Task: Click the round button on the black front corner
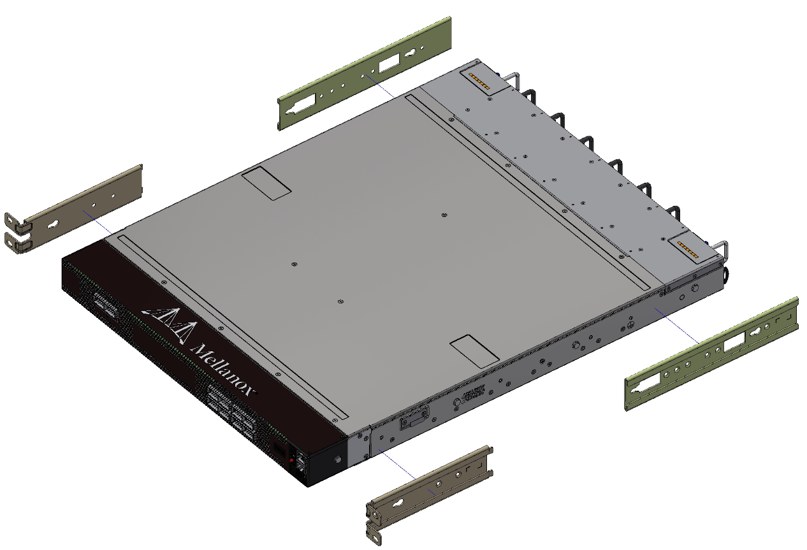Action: (337, 459)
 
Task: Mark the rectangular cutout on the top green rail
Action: (387, 64)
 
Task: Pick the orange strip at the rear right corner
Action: (688, 247)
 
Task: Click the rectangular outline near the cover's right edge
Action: (474, 350)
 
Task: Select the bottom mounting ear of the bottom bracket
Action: (374, 530)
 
